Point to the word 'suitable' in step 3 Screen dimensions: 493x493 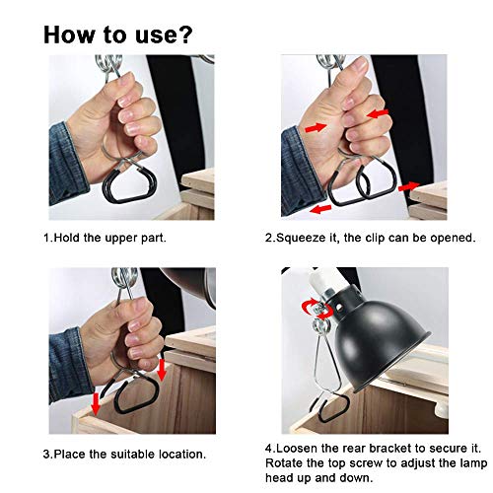coord(132,455)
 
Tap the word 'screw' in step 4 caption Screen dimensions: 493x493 coord(367,463)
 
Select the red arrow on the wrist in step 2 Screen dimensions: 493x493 coord(316,127)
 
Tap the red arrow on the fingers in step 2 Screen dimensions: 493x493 coord(378,114)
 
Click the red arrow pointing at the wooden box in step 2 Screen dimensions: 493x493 coord(409,186)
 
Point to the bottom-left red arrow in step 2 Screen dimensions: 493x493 coord(320,209)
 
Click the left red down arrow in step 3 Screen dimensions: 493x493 coord(96,404)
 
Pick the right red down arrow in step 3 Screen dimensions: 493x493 coord(161,371)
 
